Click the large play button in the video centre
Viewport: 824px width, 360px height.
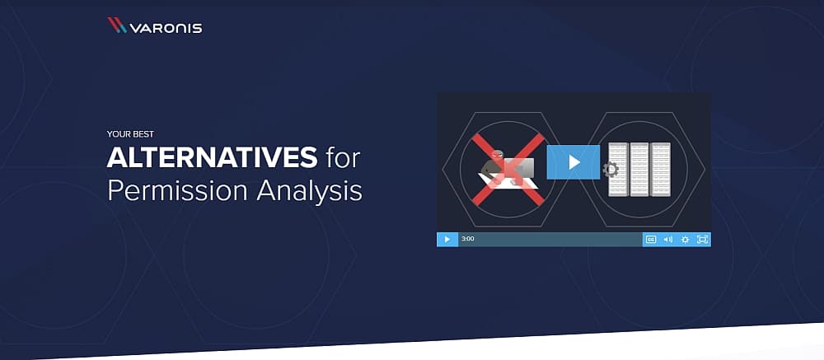[x=574, y=162]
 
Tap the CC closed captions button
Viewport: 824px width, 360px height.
[x=651, y=240]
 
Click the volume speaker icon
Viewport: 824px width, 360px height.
[x=668, y=240]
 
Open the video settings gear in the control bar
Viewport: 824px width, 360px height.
[x=686, y=240]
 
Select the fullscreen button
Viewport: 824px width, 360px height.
[x=702, y=240]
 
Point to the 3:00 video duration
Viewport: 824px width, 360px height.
[x=468, y=239]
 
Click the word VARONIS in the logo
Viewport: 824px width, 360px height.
[x=166, y=28]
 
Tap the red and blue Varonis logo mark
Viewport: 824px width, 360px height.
[x=117, y=26]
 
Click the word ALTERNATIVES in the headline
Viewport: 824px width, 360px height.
[x=212, y=157]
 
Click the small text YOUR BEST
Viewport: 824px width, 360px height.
[x=130, y=134]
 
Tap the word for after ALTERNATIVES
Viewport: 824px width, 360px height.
[x=342, y=157]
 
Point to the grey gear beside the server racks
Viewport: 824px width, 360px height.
[x=610, y=169]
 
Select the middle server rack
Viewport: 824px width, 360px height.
[x=639, y=169]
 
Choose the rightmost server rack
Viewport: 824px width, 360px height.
[x=661, y=169]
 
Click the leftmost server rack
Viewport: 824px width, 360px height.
[x=619, y=169]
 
